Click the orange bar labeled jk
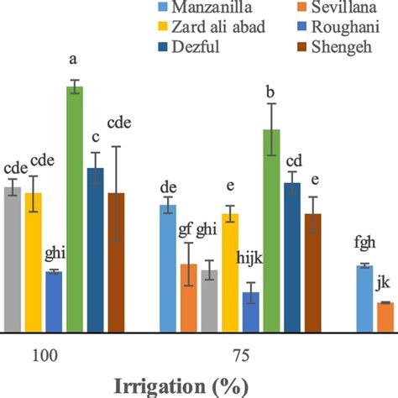[385, 317]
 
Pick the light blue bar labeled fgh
[364, 298]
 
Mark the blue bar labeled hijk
[250, 312]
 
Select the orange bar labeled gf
[189, 297]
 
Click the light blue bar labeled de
[168, 268]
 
